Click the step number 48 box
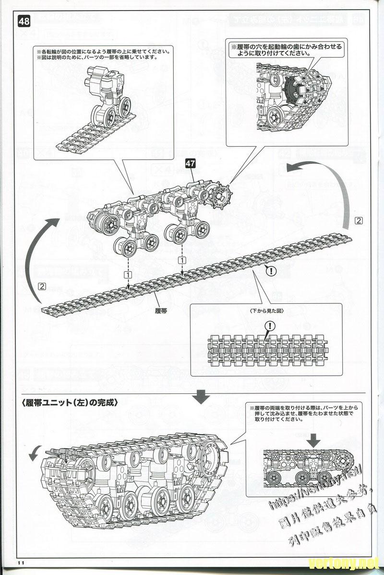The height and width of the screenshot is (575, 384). point(24,21)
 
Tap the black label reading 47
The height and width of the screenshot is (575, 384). point(191,163)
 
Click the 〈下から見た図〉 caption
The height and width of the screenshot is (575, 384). point(267,311)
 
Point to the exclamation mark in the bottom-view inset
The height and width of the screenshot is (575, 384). point(270,326)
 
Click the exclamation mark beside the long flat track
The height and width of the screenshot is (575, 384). point(271,271)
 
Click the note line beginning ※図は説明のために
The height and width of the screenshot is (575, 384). point(96,57)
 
